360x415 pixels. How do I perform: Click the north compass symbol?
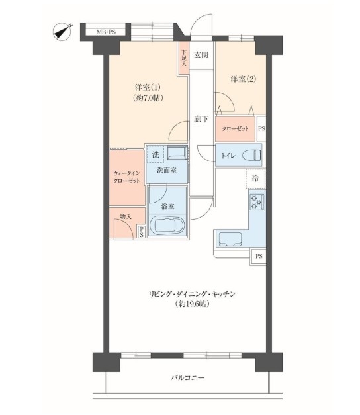pyautogui.click(x=63, y=32)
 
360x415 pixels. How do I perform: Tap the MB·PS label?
pyautogui.click(x=106, y=32)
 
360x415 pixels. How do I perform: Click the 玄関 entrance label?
pyautogui.click(x=201, y=55)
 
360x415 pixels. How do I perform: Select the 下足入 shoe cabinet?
pyautogui.click(x=184, y=58)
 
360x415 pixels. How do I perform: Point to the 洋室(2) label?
pyautogui.click(x=244, y=79)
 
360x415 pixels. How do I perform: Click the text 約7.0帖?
pyautogui.click(x=148, y=98)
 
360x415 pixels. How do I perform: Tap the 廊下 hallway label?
pyautogui.click(x=201, y=120)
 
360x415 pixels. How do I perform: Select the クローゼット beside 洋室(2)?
pyautogui.click(x=235, y=129)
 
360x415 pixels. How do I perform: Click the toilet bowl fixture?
pyautogui.click(x=253, y=155)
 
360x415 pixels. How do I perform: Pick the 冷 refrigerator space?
pyautogui.click(x=255, y=179)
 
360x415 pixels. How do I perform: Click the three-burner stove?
pyautogui.click(x=256, y=203)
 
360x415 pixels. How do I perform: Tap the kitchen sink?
pyautogui.click(x=230, y=240)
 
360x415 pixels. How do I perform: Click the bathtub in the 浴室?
pyautogui.click(x=167, y=226)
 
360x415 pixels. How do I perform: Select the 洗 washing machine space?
pyautogui.click(x=156, y=154)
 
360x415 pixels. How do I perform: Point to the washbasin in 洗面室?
pyautogui.click(x=177, y=154)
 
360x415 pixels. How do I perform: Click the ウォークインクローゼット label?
pyautogui.click(x=126, y=177)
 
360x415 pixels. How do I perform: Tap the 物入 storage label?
pyautogui.click(x=126, y=216)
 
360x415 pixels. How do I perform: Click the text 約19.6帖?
pyautogui.click(x=192, y=304)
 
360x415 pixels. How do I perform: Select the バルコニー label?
pyautogui.click(x=187, y=377)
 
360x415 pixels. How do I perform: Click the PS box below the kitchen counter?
pyautogui.click(x=259, y=256)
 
